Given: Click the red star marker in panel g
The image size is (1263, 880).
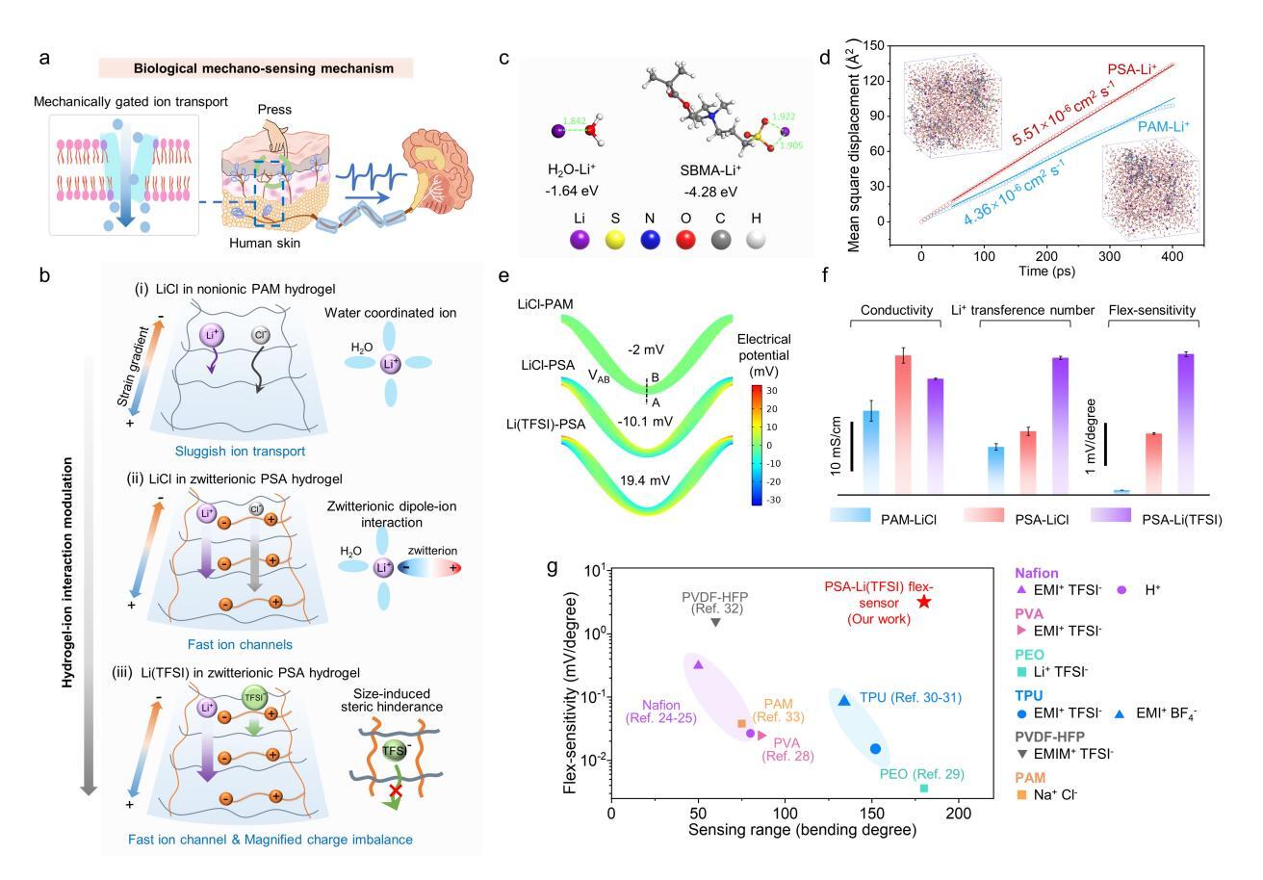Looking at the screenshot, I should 924,602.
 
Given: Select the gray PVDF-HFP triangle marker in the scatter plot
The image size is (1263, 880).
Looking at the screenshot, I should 715,622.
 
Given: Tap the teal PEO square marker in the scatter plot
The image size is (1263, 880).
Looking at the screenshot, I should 924,789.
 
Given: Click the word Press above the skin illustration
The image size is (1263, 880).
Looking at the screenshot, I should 277,110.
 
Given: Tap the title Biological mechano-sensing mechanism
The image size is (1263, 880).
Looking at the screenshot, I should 256,68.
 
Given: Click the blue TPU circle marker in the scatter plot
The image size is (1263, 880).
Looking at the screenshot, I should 875,748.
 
